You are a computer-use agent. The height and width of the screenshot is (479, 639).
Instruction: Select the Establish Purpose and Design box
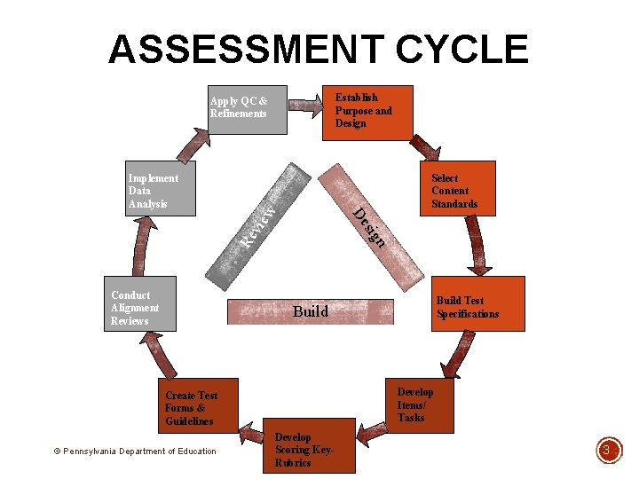[367, 112]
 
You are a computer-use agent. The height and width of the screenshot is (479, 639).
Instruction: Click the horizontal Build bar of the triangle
[311, 311]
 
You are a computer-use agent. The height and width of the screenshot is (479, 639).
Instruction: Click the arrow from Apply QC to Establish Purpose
[306, 106]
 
